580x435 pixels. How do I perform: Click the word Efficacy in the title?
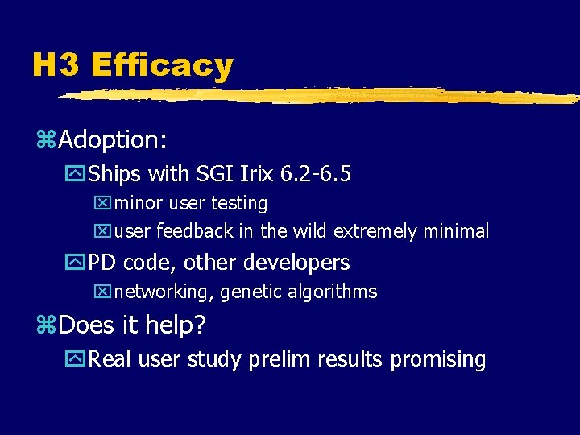point(162,65)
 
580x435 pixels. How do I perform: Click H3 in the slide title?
point(56,65)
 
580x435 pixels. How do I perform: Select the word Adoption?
point(112,141)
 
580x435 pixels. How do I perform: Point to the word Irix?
point(253,174)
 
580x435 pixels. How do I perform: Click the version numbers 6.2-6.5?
point(315,174)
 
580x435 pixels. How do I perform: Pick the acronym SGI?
point(213,174)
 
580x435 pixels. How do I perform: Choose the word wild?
point(309,232)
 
